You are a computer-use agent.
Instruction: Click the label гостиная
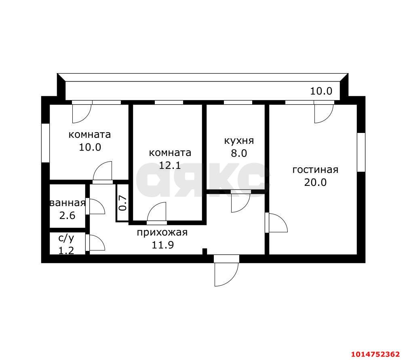coord(315,170)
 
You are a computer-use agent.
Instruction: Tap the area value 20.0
coord(315,182)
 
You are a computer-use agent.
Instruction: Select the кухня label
coord(239,141)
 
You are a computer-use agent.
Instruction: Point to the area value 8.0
coord(239,153)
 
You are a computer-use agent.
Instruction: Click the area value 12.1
coord(170,165)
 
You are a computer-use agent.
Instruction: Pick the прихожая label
coord(162,232)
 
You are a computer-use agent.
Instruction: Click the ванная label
coord(67,203)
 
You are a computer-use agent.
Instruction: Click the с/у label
coord(66,238)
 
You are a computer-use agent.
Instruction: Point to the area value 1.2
coord(66,251)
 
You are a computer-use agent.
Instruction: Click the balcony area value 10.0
coord(321,91)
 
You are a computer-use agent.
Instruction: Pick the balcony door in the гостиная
coord(324,113)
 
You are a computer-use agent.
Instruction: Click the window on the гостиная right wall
coord(361,152)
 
